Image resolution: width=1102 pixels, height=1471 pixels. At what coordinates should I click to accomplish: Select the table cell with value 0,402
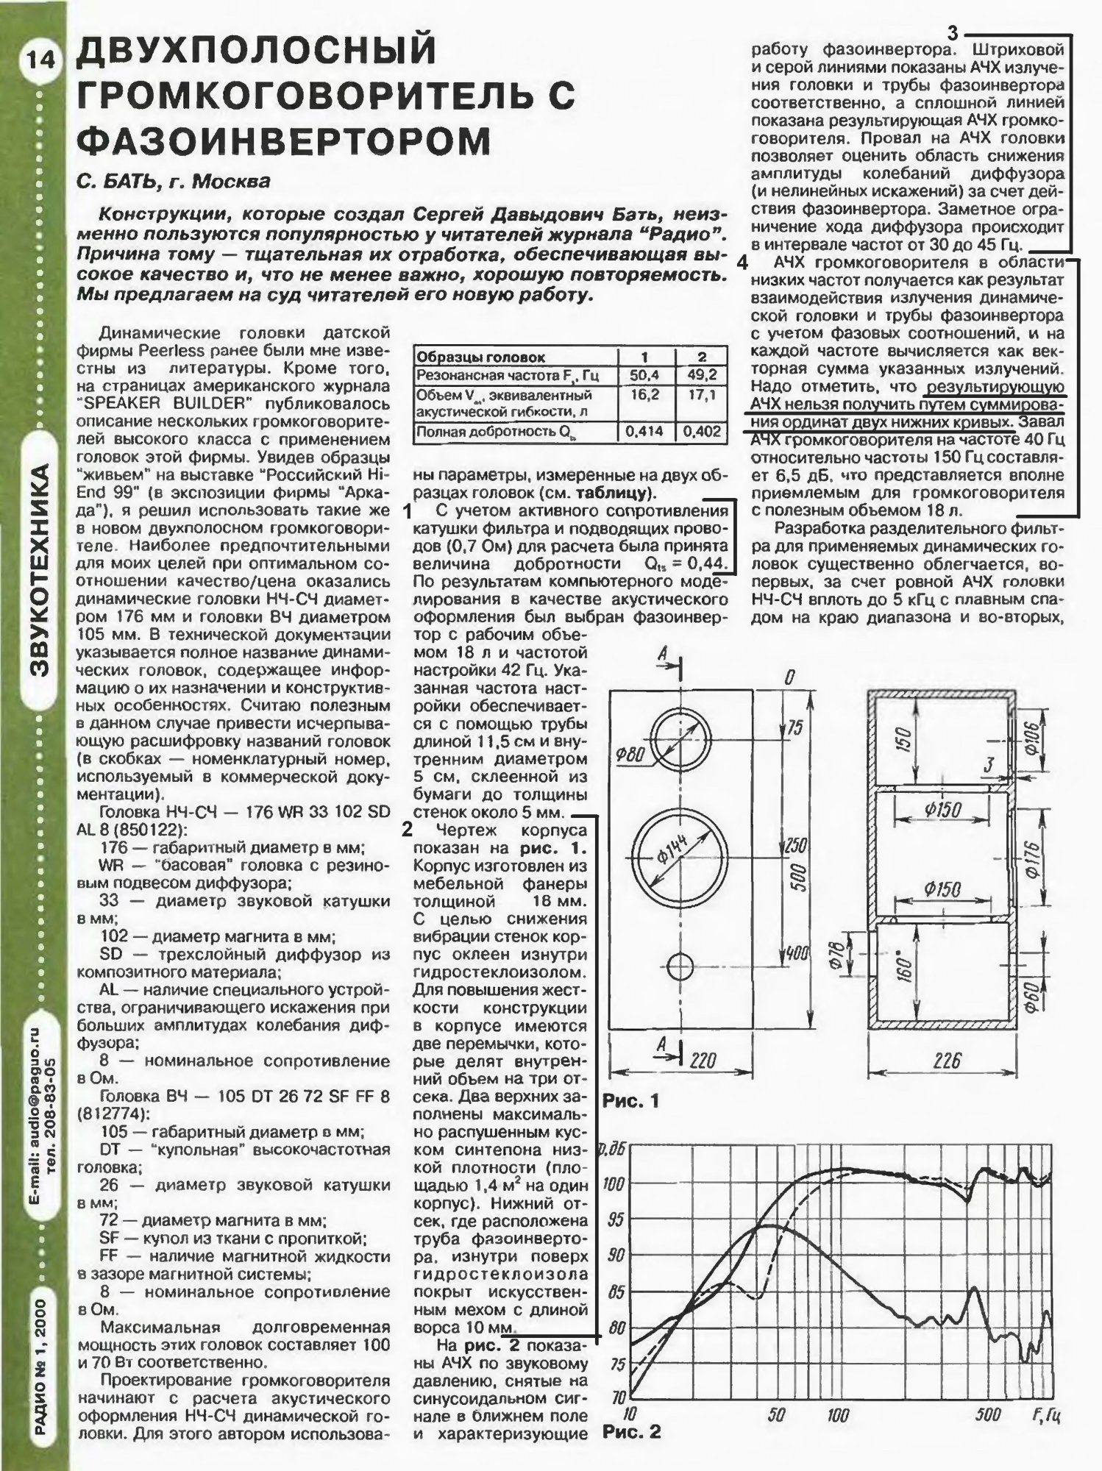(x=702, y=432)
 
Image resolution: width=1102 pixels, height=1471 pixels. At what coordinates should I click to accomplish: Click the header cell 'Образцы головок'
(x=480, y=357)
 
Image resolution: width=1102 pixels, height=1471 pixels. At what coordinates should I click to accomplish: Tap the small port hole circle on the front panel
(x=681, y=966)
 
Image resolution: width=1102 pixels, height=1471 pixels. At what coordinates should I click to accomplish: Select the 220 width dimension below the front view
(x=703, y=1060)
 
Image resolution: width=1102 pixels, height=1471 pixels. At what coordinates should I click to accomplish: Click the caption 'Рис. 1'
(x=631, y=1101)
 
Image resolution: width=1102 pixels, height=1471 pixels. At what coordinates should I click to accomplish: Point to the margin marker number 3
(x=953, y=34)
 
